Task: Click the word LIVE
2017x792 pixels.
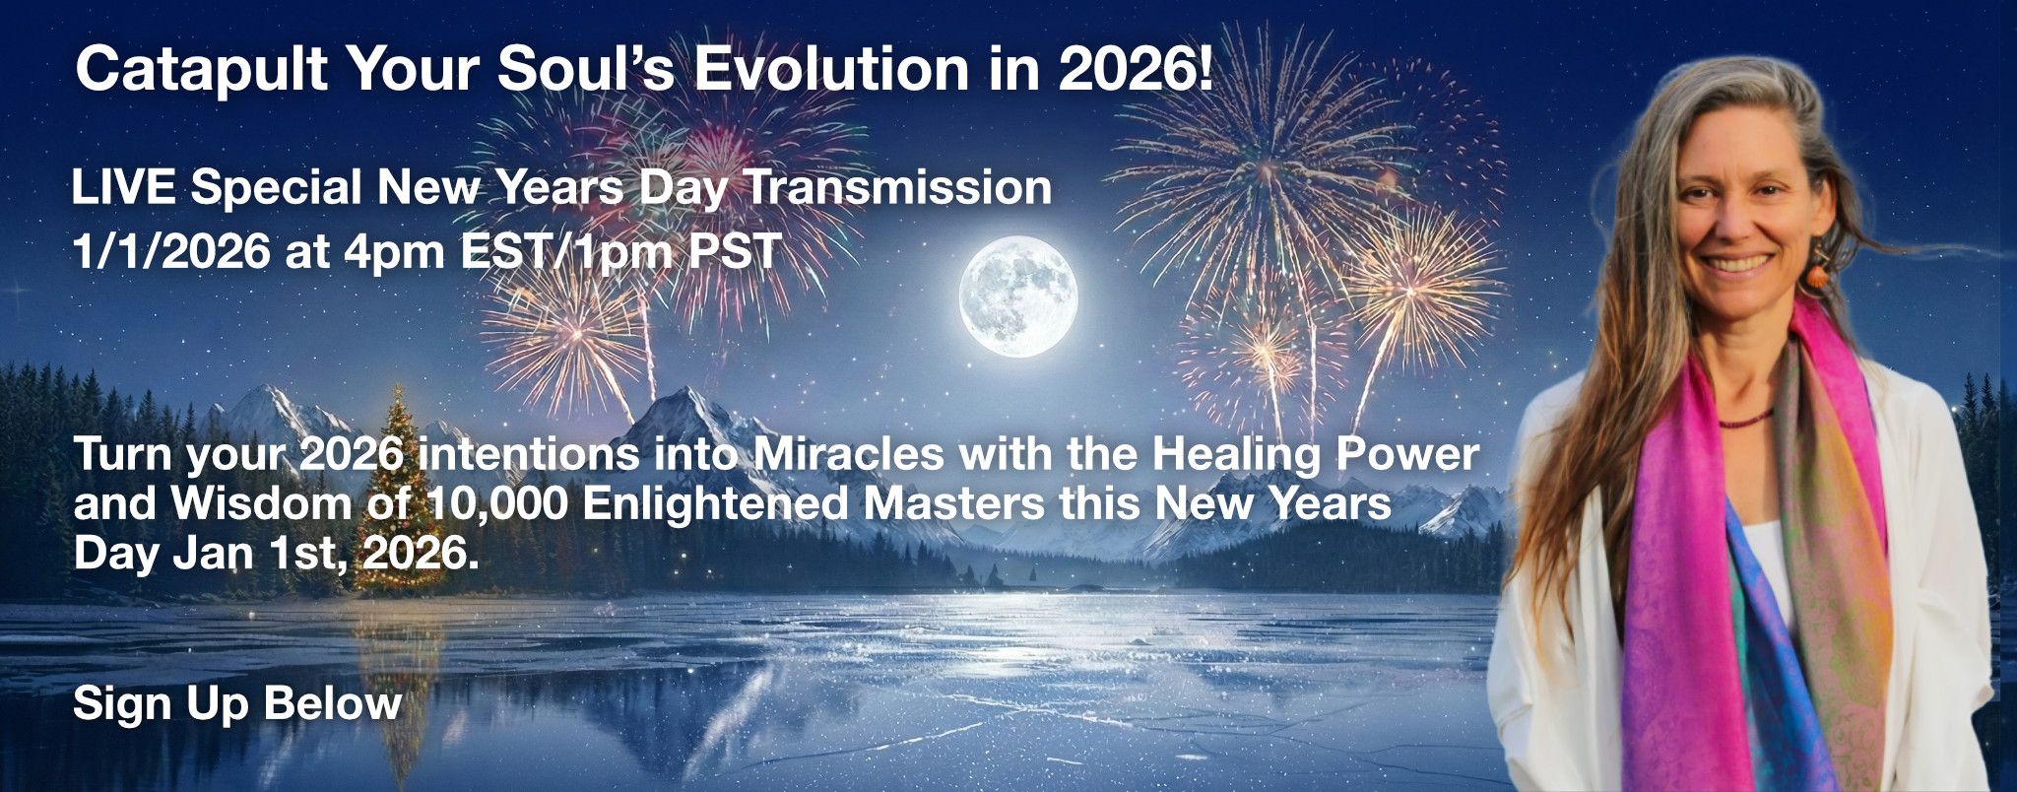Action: pos(125,187)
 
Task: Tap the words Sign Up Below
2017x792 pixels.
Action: pos(237,704)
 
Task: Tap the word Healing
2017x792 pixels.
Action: pos(1231,456)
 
